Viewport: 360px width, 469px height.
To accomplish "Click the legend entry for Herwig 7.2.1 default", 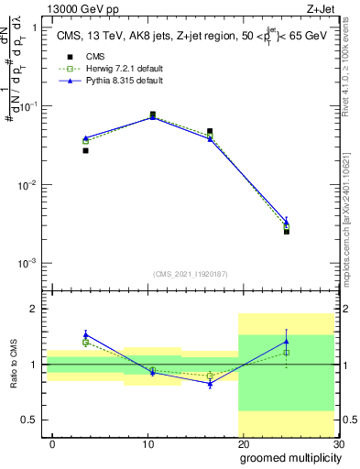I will (x=110, y=69).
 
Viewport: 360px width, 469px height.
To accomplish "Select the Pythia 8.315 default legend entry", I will (x=110, y=82).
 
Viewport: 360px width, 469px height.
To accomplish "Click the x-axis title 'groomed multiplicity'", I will (x=289, y=456).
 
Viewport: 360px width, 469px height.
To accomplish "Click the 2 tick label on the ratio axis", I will (x=36, y=309).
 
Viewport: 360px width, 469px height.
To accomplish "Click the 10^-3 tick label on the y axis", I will (x=29, y=263).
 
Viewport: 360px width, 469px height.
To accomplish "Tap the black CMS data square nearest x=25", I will (x=287, y=232).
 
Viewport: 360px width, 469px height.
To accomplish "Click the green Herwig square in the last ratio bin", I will (x=287, y=353).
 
